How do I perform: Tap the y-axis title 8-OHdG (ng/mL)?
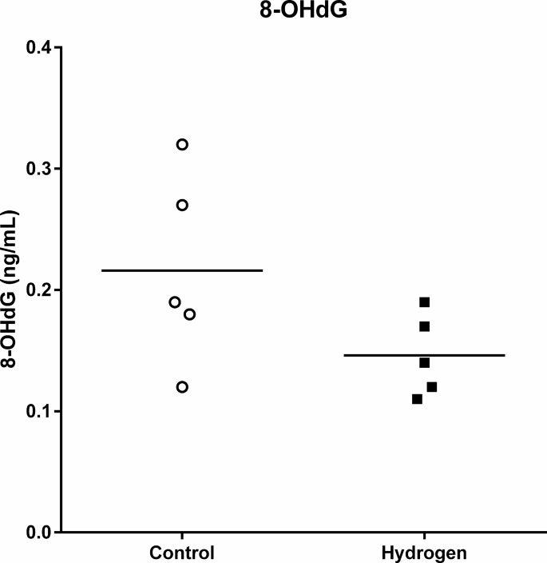12,290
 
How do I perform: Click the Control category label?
182,553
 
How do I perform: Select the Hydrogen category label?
424,553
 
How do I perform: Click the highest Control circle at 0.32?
182,145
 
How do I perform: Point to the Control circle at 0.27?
182,205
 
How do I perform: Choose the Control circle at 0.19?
175,302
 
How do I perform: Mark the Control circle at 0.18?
190,314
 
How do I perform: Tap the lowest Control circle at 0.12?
182,387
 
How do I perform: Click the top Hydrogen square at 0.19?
425,302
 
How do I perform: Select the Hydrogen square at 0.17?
425,326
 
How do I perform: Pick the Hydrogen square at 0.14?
425,362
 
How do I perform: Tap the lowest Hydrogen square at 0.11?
417,399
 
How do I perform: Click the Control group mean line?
182,271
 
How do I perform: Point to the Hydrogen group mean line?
424,355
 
